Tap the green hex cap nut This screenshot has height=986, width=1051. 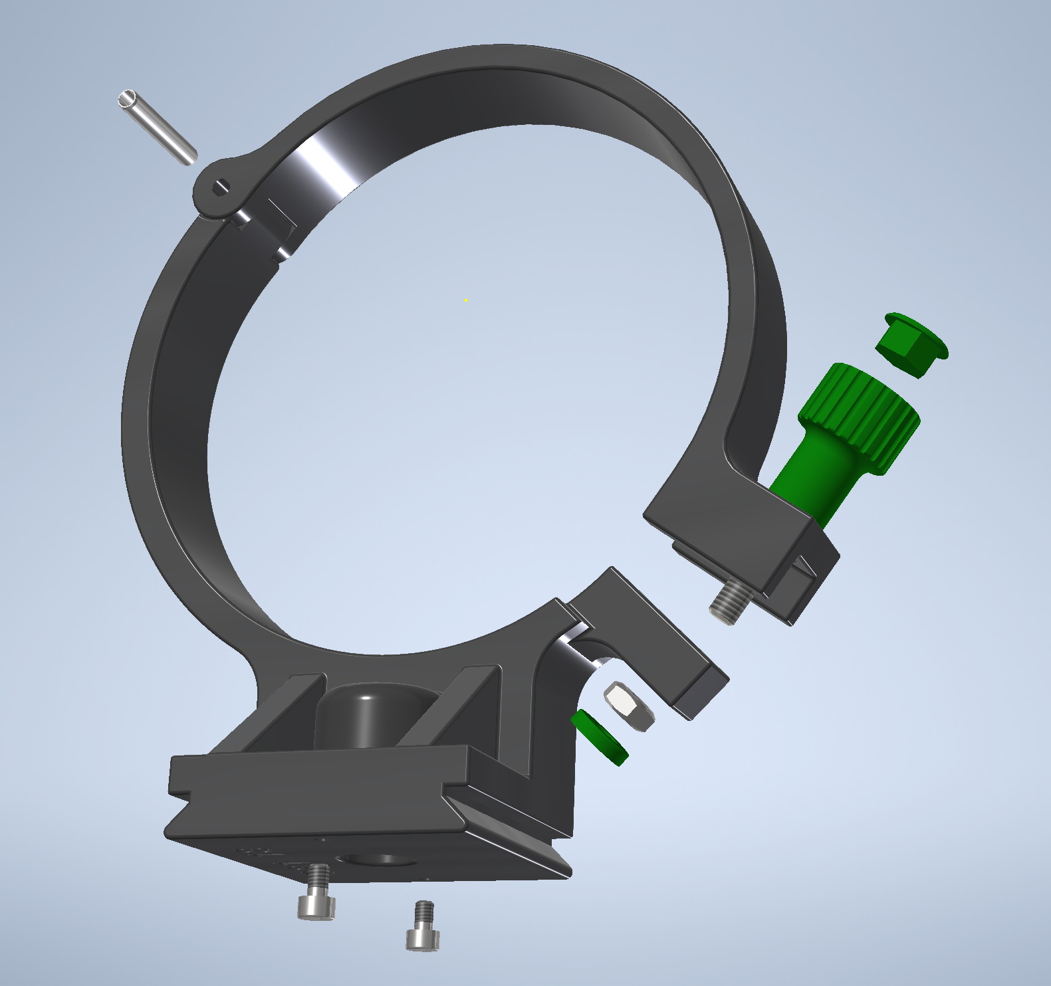tap(909, 345)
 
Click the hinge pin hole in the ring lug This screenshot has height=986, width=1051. tap(220, 188)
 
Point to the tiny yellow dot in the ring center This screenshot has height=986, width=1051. tap(466, 300)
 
